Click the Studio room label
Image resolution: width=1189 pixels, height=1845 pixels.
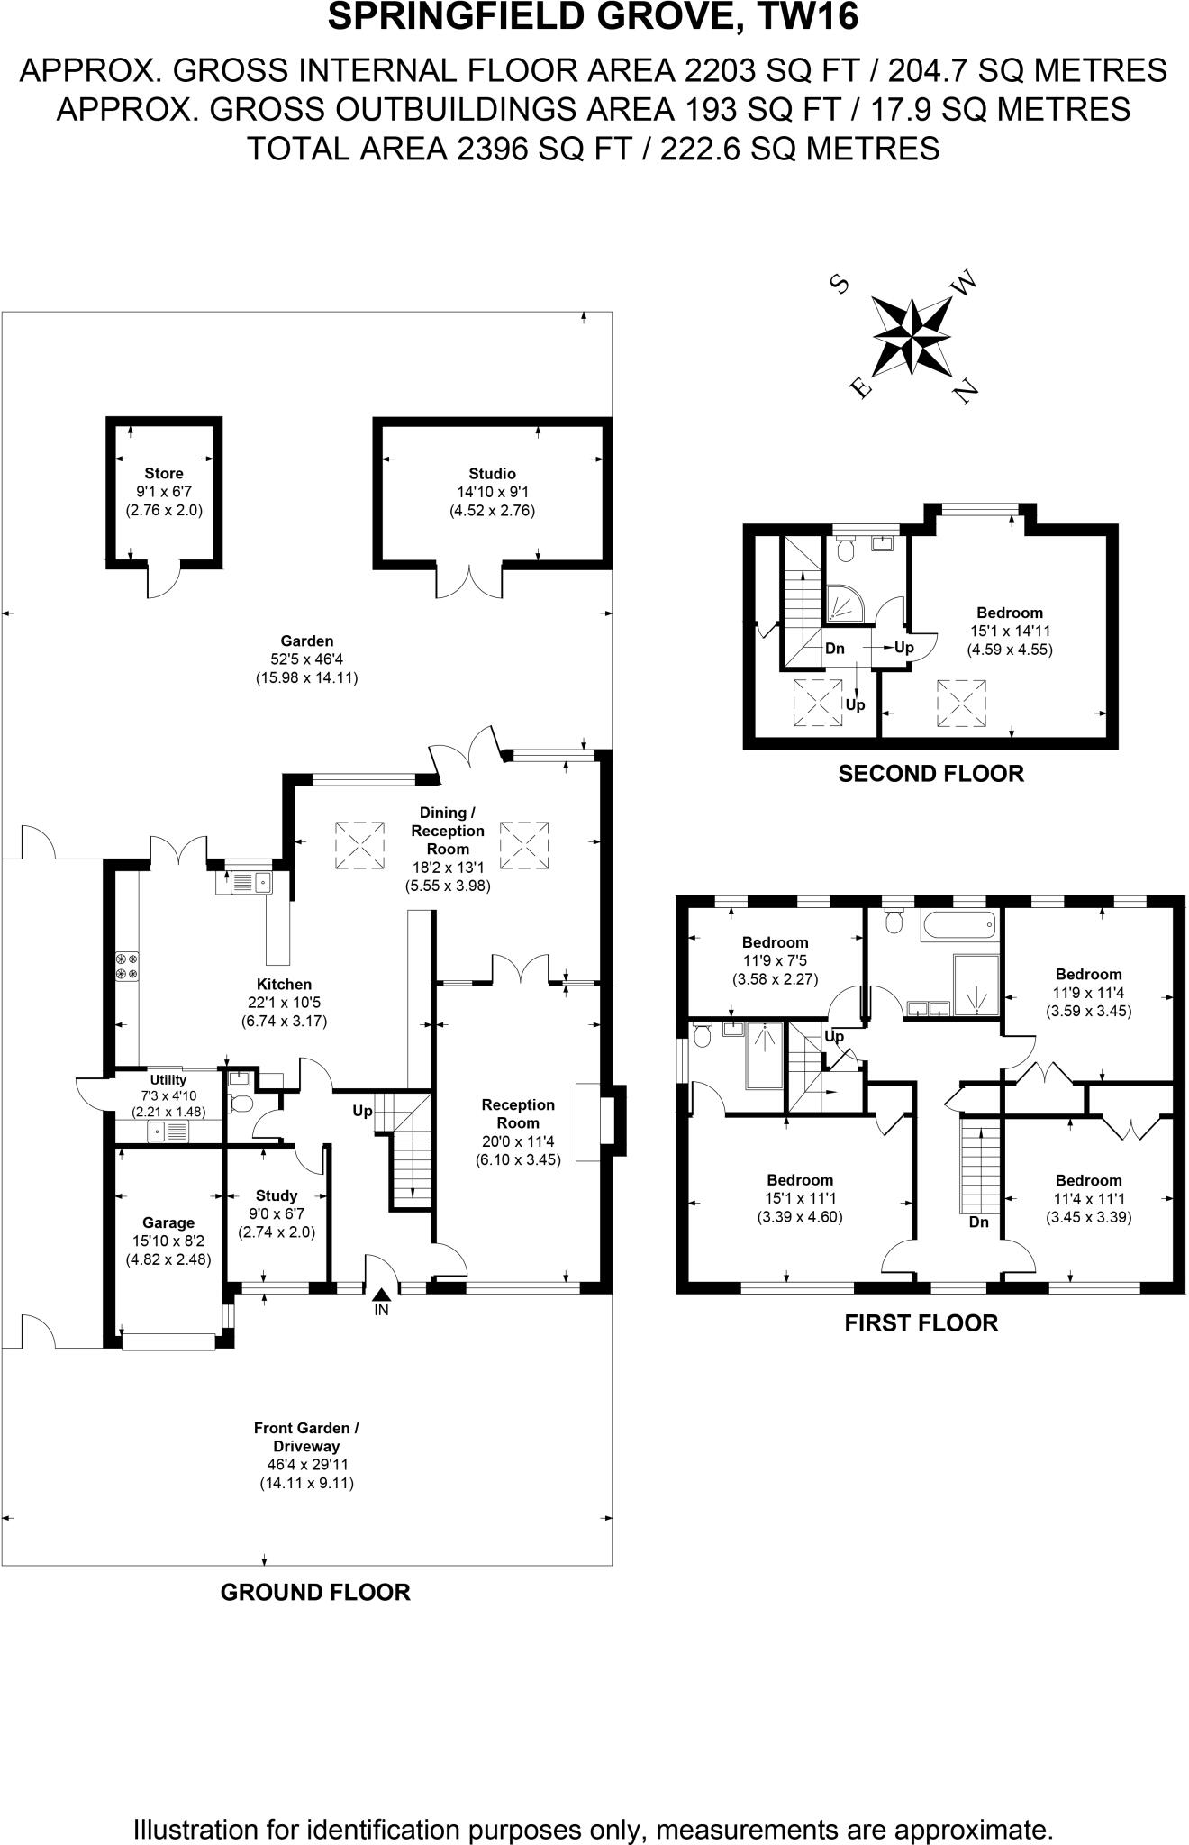(x=492, y=474)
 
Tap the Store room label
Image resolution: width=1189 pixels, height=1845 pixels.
(x=164, y=474)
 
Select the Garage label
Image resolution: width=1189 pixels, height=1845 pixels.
(x=168, y=1222)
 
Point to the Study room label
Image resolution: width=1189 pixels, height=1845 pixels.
(x=277, y=1195)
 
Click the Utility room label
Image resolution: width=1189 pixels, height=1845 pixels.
(x=168, y=1080)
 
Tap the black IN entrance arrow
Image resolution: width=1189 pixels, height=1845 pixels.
(x=381, y=1294)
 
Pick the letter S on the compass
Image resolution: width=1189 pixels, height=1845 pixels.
(x=840, y=284)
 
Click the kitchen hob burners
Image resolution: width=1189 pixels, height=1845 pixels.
(x=127, y=966)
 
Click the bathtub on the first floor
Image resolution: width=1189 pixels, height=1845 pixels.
(x=959, y=926)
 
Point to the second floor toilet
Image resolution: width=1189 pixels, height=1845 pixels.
(x=845, y=547)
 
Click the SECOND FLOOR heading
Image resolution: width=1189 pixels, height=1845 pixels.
(x=930, y=774)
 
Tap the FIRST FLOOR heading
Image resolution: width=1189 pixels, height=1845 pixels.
(x=921, y=1323)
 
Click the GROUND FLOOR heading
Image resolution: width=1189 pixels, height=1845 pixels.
(x=315, y=1593)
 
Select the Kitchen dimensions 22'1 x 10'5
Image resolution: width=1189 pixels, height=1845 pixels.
(x=285, y=1003)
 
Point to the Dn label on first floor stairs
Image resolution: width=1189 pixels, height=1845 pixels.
(x=979, y=1222)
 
